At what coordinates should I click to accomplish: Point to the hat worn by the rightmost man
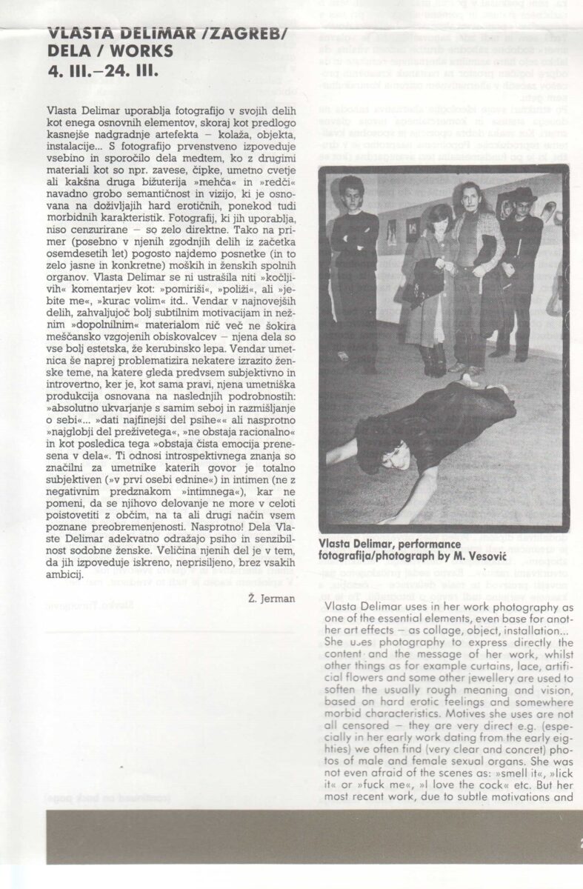pyautogui.click(x=524, y=195)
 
